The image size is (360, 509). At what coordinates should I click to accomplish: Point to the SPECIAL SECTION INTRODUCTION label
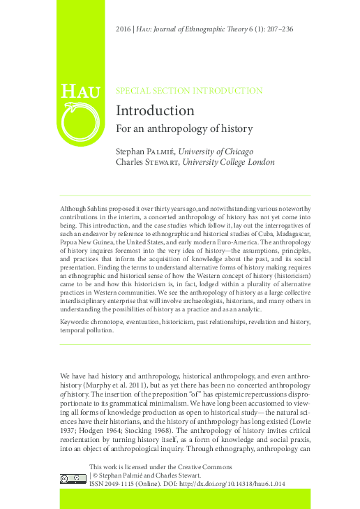point(188,91)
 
